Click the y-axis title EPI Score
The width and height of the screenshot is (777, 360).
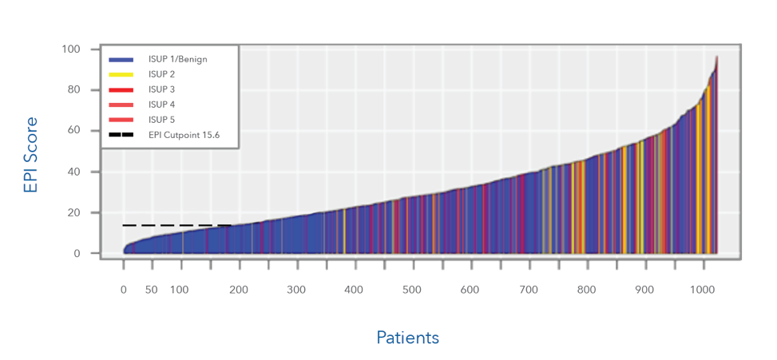coord(30,155)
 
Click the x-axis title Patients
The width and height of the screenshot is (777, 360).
coord(407,338)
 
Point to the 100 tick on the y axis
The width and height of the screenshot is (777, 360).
coord(71,49)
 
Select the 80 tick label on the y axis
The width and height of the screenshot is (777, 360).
coord(74,90)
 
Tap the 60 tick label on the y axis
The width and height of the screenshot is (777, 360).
coord(74,131)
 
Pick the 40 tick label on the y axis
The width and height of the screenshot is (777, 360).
coord(74,172)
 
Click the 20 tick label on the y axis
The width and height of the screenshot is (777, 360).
coord(74,213)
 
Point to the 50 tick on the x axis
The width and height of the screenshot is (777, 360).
coord(151,289)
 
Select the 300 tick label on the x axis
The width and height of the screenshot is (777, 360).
coord(295,289)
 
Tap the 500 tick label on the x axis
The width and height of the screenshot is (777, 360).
coord(411,289)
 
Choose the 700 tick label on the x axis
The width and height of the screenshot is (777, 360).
coord(529,289)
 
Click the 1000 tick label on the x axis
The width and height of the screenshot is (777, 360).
coord(703,289)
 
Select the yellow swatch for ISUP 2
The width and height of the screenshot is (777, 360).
coord(121,74)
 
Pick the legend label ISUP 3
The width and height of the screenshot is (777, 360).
coord(161,89)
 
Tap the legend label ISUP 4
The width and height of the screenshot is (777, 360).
coord(161,105)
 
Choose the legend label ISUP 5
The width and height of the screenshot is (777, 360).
coord(161,120)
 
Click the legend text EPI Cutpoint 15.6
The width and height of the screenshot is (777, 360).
coord(184,135)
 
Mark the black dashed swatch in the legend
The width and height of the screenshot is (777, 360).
coord(121,135)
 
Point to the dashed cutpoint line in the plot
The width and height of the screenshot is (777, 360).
coord(176,226)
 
